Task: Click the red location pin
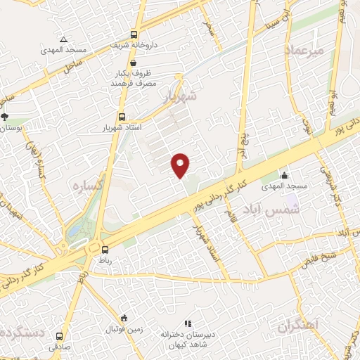(x=181, y=165)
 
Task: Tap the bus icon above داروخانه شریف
(x=134, y=34)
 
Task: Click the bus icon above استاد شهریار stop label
(x=122, y=117)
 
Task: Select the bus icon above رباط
(x=105, y=249)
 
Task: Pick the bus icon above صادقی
(x=59, y=336)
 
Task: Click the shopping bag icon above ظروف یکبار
(x=133, y=63)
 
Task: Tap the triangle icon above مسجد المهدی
(x=63, y=39)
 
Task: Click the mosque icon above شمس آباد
(x=284, y=175)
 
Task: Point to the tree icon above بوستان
(x=5, y=117)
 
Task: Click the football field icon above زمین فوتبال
(x=124, y=318)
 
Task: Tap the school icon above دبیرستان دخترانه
(x=187, y=323)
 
